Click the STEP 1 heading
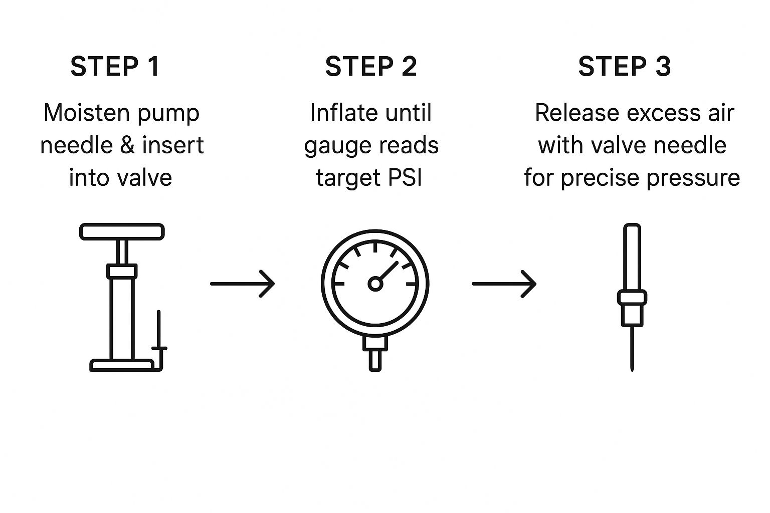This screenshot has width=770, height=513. pyautogui.click(x=115, y=67)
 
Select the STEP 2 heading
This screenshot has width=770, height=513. pyautogui.click(x=370, y=67)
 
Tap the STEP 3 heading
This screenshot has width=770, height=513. pyautogui.click(x=624, y=67)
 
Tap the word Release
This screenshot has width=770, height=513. pyautogui.click(x=571, y=113)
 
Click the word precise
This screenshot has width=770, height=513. pyautogui.click(x=601, y=178)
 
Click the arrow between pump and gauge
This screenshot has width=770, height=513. pyautogui.click(x=243, y=284)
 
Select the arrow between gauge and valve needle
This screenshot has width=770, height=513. pyautogui.click(x=504, y=284)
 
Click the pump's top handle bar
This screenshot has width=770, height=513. pyautogui.click(x=122, y=231)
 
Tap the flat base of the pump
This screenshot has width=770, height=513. pyautogui.click(x=122, y=365)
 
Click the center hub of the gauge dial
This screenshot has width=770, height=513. pyautogui.click(x=375, y=284)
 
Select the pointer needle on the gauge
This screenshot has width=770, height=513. pyautogui.click(x=388, y=271)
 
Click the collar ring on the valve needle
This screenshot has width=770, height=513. pyautogui.click(x=632, y=298)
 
